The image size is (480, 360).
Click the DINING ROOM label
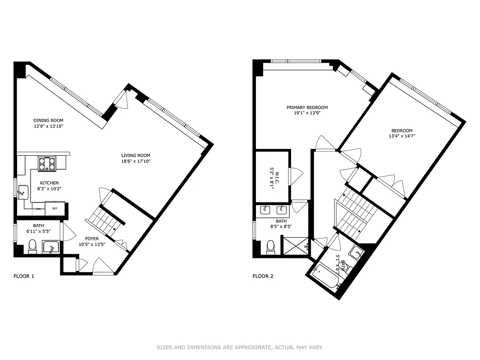click(48, 121)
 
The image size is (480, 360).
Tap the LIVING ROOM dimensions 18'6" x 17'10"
click(135, 161)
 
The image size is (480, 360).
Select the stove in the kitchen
click(47, 164)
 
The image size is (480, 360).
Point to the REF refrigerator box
click(55, 209)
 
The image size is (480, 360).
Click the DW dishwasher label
click(39, 209)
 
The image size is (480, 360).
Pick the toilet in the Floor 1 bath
click(32, 247)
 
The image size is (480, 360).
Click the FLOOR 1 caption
click(24, 276)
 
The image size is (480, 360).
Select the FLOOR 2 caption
click(263, 276)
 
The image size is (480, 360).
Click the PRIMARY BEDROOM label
click(307, 108)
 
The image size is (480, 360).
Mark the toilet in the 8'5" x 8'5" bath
click(271, 247)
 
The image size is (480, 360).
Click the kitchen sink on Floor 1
click(22, 192)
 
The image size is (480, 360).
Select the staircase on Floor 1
click(105, 221)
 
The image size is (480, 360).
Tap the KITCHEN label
click(49, 183)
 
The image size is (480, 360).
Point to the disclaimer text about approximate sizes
click(240, 347)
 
